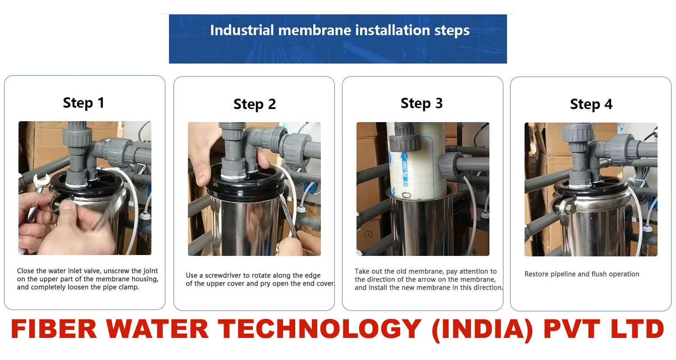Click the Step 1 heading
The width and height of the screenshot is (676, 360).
click(83, 103)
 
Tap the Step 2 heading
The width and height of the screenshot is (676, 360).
click(255, 105)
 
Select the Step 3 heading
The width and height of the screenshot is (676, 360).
click(421, 104)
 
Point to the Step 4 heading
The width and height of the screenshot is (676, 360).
click(591, 105)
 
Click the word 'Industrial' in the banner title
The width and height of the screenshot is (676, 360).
click(242, 30)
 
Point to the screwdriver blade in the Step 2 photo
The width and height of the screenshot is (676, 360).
click(288, 215)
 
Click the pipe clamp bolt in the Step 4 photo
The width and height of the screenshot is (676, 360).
click(571, 208)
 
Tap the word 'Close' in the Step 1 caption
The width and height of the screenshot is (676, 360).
click(25, 271)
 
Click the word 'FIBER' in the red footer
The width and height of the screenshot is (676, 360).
click(54, 329)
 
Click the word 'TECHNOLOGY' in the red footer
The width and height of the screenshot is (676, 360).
click(320, 329)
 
